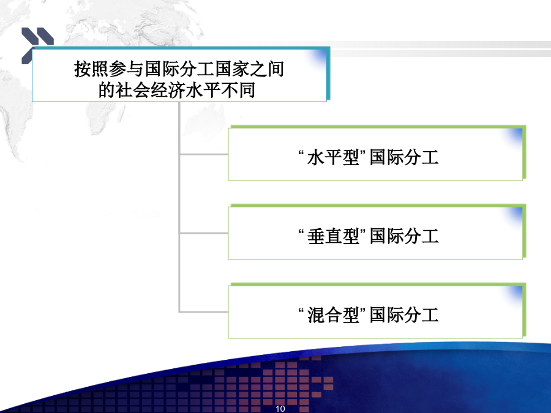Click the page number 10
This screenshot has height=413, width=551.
point(280,409)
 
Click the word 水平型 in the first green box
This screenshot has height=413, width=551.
point(333,157)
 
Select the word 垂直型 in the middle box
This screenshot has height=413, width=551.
point(333,236)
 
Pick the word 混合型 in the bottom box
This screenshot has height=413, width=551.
point(333,314)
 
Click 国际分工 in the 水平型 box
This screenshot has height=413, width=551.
point(404,157)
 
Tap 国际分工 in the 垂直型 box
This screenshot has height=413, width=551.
point(404,236)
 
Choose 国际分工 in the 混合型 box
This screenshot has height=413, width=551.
point(404,314)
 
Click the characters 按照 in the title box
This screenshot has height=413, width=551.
point(91,69)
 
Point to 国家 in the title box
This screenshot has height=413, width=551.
point(232,69)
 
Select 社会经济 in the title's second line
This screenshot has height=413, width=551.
point(151,91)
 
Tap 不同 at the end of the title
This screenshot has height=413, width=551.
point(238,91)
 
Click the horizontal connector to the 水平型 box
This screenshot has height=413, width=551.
point(204,154)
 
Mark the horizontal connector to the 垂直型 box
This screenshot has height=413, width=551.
point(204,233)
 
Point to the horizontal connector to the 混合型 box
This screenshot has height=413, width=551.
point(204,311)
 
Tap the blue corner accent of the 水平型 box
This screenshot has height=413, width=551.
point(514,136)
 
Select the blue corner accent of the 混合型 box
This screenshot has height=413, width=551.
point(514,293)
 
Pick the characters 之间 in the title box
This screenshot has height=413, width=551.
point(267,69)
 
